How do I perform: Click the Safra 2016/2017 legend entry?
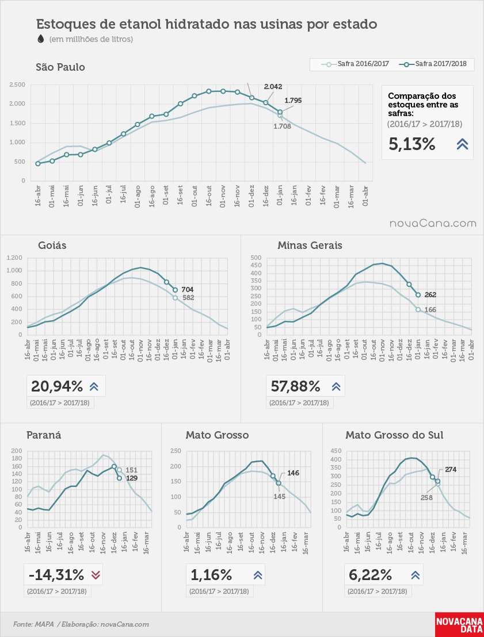pos(355,64)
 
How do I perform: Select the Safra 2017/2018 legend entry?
pos(433,64)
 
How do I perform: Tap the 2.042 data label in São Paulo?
pos(273,87)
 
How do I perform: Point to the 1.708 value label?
pos(282,126)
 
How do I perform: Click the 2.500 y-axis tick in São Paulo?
pos(17,85)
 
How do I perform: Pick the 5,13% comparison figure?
pos(412,144)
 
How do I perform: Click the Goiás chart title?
pos(52,245)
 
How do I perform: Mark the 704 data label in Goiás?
pos(188,290)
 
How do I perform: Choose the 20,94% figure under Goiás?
pos(57,386)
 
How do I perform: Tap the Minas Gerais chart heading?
pos(310,245)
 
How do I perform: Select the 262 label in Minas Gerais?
pos(430,295)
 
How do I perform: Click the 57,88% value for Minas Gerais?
pos(296,386)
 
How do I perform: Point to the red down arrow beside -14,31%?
pos(96,575)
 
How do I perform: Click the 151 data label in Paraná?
pos(131,470)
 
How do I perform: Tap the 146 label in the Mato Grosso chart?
pos(294,473)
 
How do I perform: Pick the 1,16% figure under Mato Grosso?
pos(211,575)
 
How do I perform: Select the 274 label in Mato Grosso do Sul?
pos(451,470)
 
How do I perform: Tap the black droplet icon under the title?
pos(41,39)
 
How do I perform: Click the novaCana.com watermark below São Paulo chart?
pos(433,224)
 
